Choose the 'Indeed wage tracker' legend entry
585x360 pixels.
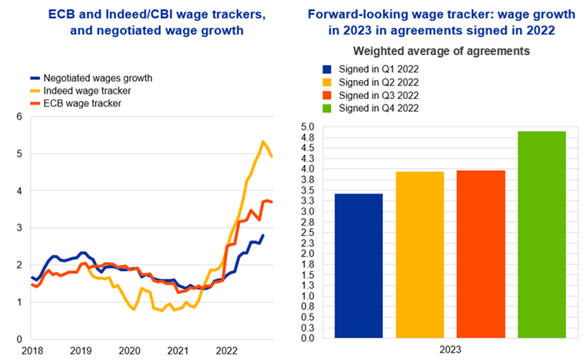(88, 91)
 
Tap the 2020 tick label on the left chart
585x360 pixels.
(129, 351)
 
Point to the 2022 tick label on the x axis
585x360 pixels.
(227, 351)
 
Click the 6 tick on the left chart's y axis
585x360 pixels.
(20, 117)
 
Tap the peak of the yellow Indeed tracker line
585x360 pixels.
(262, 141)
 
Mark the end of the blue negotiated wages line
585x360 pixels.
(263, 235)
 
